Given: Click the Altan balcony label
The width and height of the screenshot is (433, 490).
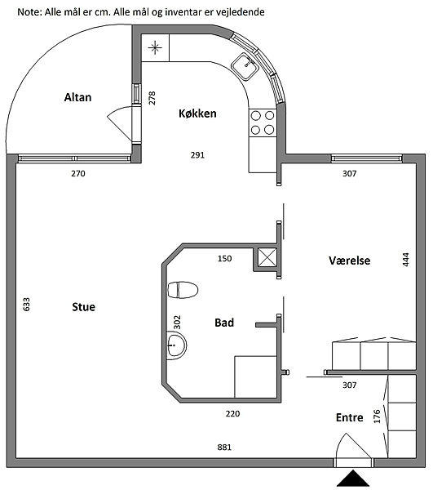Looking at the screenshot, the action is point(77,97).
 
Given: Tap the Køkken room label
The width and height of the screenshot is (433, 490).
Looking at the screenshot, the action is point(197,114).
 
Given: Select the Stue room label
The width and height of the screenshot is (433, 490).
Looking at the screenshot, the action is point(84,307).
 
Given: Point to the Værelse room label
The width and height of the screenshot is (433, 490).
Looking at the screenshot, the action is point(349,261).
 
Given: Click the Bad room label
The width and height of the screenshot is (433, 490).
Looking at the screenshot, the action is point(224,323).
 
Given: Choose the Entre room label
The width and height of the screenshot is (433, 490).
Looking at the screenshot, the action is point(349,417).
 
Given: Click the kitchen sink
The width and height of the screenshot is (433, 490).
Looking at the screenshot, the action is point(245,66).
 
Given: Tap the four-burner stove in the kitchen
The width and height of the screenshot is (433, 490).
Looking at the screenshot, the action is point(263,122).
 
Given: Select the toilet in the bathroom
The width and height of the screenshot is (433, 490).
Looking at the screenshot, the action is point(183,290).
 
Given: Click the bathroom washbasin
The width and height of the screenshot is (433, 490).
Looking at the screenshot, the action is point(176,345).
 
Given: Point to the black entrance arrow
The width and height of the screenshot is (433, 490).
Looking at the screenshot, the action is point(353,478).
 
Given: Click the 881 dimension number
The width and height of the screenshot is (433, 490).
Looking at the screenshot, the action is point(224,448).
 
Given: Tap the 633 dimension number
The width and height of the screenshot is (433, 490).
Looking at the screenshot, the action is point(27,305).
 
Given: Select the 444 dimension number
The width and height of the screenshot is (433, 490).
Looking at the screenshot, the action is point(405,260).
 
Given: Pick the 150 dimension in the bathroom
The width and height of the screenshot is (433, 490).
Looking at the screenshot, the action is point(224,258).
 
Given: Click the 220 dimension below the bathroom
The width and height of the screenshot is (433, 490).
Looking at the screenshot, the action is point(232,414).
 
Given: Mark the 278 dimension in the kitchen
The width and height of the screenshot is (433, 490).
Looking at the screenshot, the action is point(152,98).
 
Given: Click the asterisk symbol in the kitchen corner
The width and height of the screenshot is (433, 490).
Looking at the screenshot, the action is point(155,48).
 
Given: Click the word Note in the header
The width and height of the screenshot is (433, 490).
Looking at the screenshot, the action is point(29,12).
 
